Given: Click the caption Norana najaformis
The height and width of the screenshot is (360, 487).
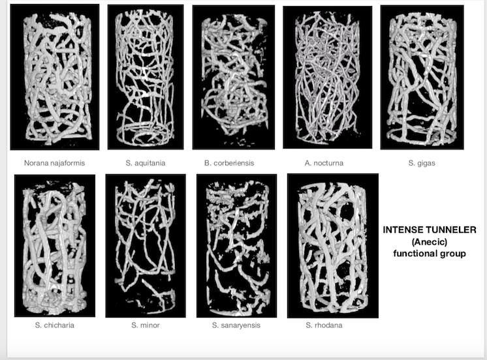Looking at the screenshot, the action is pos(54,163).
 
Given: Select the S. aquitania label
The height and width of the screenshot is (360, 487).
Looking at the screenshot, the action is pos(146,163).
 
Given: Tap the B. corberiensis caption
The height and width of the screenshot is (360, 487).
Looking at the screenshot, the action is pos(229,163).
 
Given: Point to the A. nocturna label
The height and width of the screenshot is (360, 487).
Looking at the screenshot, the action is pos(324,163).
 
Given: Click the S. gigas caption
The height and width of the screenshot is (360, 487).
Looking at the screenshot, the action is pos(422,163).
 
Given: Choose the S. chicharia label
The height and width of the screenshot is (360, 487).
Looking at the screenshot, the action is pos(55,325).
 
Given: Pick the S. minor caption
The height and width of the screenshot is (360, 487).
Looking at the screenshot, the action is pos(146,325).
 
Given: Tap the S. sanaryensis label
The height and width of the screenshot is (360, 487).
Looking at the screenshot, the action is pos(236,325).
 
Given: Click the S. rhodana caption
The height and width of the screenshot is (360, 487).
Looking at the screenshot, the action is pos(324,325).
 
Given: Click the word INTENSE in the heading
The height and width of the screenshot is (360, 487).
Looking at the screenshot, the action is pos(403,230).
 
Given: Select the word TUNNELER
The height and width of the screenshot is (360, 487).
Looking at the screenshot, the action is pos(451,230).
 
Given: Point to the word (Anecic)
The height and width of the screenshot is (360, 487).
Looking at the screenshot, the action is pos(430,242).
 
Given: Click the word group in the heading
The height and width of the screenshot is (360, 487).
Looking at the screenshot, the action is pos(453,254).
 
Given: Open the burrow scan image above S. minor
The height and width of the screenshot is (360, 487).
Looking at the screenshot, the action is pos(146,246).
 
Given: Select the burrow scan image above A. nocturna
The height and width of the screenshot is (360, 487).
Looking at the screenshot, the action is pos(327,77).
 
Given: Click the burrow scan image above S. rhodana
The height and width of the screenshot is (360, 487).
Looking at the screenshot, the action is pos(333,246).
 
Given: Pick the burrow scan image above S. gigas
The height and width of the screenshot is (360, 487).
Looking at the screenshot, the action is pos(422,77).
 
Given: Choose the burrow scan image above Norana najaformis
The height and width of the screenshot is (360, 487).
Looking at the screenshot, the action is pos(55,77).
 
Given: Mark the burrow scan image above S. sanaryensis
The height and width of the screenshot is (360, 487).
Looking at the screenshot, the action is pos(237,246).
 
